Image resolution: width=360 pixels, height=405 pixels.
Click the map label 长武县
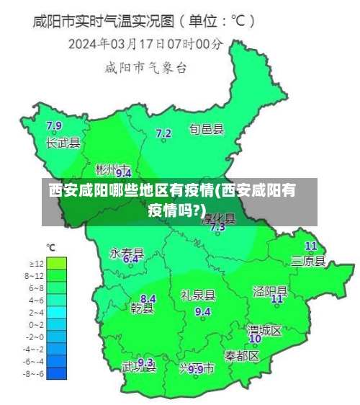(x=63, y=143)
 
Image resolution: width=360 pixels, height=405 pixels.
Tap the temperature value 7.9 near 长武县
(x=54, y=126)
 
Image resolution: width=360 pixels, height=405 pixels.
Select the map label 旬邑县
(x=207, y=130)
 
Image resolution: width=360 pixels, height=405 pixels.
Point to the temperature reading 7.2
(x=163, y=133)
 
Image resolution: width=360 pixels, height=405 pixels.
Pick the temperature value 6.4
(x=131, y=259)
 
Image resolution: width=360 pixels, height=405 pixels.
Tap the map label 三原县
(x=308, y=260)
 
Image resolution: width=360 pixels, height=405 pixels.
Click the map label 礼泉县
(x=198, y=295)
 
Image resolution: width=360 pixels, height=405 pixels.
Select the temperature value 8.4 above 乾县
(x=148, y=298)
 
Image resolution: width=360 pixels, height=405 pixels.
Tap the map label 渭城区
(x=264, y=329)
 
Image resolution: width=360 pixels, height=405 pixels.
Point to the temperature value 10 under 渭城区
(x=255, y=338)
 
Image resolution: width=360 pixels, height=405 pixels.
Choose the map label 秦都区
(x=241, y=355)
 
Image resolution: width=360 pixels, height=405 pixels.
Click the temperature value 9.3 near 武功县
(x=145, y=362)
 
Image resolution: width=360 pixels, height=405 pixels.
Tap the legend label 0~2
(x=35, y=325)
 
